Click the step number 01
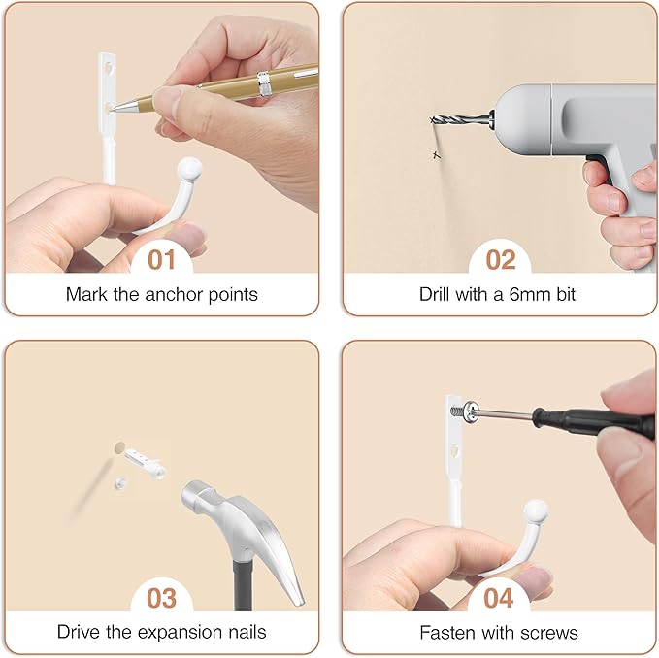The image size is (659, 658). (x=161, y=260)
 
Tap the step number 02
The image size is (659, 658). (x=501, y=260)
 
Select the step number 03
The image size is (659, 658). (x=162, y=598)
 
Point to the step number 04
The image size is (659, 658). (x=499, y=598)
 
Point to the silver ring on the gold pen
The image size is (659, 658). (x=264, y=83)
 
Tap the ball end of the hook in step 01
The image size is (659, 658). (x=189, y=169)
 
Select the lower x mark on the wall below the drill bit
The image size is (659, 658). (x=437, y=155)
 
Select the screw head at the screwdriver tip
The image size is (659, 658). (x=471, y=412)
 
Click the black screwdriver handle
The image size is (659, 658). (x=593, y=422)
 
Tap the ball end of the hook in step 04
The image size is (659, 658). (x=536, y=510)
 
